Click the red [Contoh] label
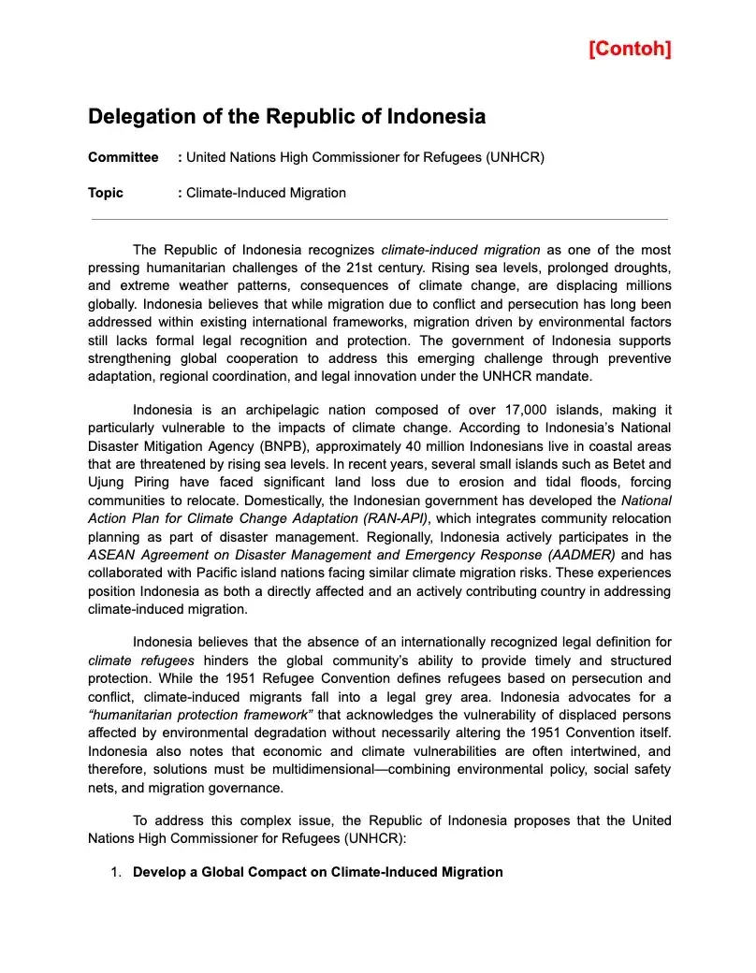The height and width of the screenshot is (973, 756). [630, 49]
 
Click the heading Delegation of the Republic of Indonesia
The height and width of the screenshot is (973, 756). [286, 117]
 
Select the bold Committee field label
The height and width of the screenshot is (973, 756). [123, 157]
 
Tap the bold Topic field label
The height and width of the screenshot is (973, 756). [106, 193]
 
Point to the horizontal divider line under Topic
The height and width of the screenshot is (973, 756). [379, 220]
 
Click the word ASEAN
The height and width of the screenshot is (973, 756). [109, 555]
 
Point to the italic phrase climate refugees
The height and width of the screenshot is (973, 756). [141, 661]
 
